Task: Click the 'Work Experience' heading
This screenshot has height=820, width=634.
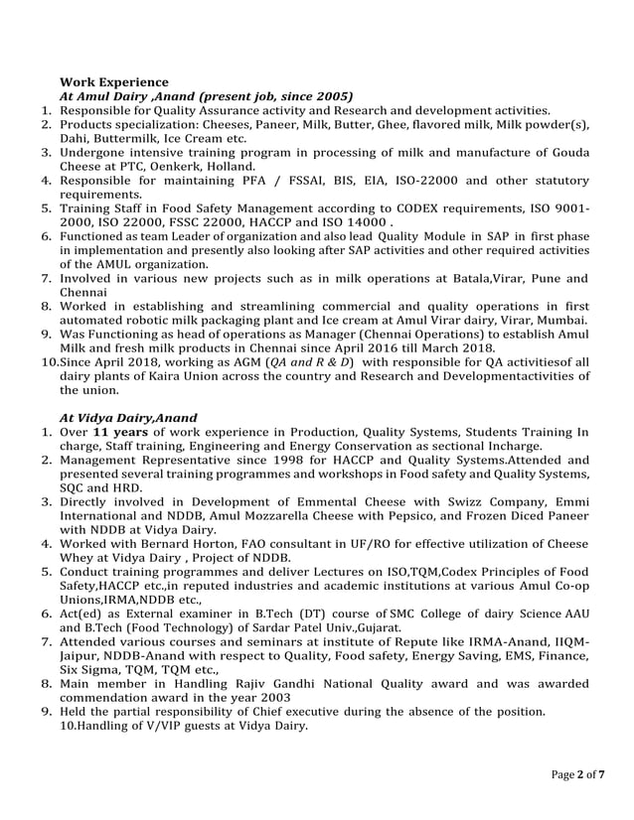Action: (114, 80)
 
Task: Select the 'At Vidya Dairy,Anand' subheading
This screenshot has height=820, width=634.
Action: (128, 418)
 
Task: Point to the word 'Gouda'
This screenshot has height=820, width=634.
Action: (567, 152)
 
